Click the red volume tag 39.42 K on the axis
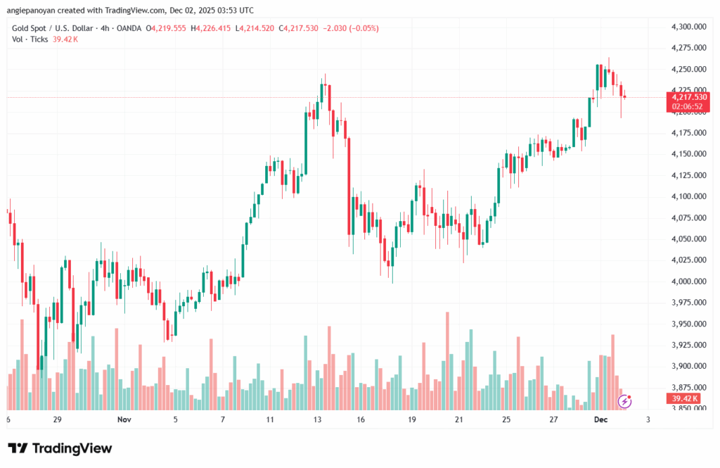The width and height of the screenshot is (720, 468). coord(681,398)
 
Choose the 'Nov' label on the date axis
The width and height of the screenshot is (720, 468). coord(124,419)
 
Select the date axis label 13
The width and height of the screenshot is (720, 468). coord(317,419)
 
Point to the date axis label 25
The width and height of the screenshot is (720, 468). coord(506,419)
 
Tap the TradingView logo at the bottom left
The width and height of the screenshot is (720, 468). coord(60,448)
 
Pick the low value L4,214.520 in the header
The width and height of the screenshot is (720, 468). coord(255,28)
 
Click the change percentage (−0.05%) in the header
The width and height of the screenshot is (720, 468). coord(362,28)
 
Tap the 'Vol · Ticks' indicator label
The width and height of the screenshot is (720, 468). coord(29,39)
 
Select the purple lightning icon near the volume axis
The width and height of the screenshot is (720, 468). coord(624,401)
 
